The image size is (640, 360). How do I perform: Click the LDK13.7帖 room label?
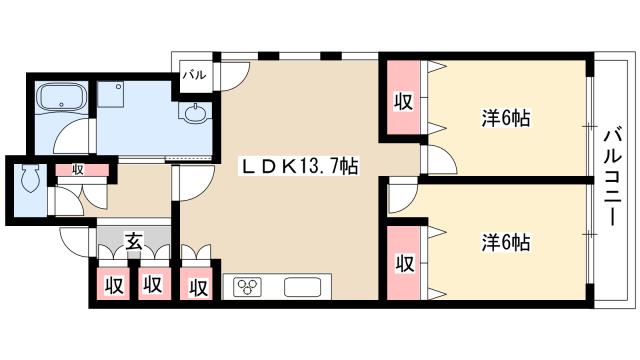coord(298,166)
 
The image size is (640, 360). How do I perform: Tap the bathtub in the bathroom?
coord(62,98)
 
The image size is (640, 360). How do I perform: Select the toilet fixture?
coord(30,178)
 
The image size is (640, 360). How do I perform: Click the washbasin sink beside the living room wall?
coord(195,113)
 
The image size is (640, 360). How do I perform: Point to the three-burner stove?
coord(247,287)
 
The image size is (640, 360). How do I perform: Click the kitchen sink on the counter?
coord(302,287)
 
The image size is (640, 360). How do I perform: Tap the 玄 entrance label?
coord(133,241)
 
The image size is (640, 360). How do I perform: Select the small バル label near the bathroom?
coord(194,75)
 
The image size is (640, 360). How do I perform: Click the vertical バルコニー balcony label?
coord(613,176)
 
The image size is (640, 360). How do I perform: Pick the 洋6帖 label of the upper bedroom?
coord(506,118)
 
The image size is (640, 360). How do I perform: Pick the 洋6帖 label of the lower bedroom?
coord(506,242)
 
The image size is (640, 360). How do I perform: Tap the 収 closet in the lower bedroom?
coord(403,263)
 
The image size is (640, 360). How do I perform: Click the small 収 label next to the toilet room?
coord(77,169)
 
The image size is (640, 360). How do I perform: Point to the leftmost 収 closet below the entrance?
coord(113,284)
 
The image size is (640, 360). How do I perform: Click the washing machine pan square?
coord(111,94)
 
